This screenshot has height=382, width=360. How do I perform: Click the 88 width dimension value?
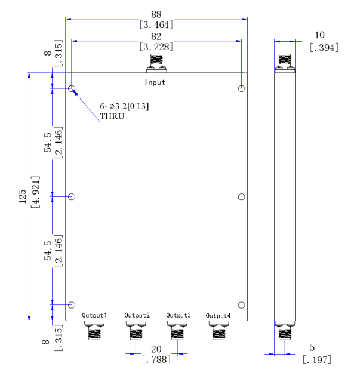click(156, 14)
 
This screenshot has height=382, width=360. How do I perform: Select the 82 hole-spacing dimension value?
click(156, 36)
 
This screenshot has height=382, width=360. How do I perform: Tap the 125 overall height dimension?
click(23, 196)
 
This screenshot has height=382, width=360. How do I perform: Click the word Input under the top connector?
click(155, 82)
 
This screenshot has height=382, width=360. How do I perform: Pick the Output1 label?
click(94, 315)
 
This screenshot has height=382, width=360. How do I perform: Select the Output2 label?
click(137, 315)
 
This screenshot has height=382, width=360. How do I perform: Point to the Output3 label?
click(179, 315)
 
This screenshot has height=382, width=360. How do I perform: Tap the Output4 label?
click(218, 316)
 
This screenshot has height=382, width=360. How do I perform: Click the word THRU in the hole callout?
click(112, 116)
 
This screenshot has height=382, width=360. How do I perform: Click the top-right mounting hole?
click(241, 88)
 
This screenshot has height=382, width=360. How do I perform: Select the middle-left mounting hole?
click(72, 196)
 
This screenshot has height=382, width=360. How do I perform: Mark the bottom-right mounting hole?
click(241, 305)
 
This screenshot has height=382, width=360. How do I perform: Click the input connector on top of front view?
click(156, 63)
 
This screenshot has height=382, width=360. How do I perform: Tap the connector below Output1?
click(94, 330)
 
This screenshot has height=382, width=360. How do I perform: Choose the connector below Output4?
click(219, 330)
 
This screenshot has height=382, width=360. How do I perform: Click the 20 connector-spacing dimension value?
click(156, 349)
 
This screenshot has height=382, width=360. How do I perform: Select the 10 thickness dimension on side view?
click(319, 35)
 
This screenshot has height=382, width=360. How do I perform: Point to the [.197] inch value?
click(317, 359)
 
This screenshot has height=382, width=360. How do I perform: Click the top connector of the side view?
click(285, 63)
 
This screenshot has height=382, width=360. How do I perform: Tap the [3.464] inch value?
click(156, 24)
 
